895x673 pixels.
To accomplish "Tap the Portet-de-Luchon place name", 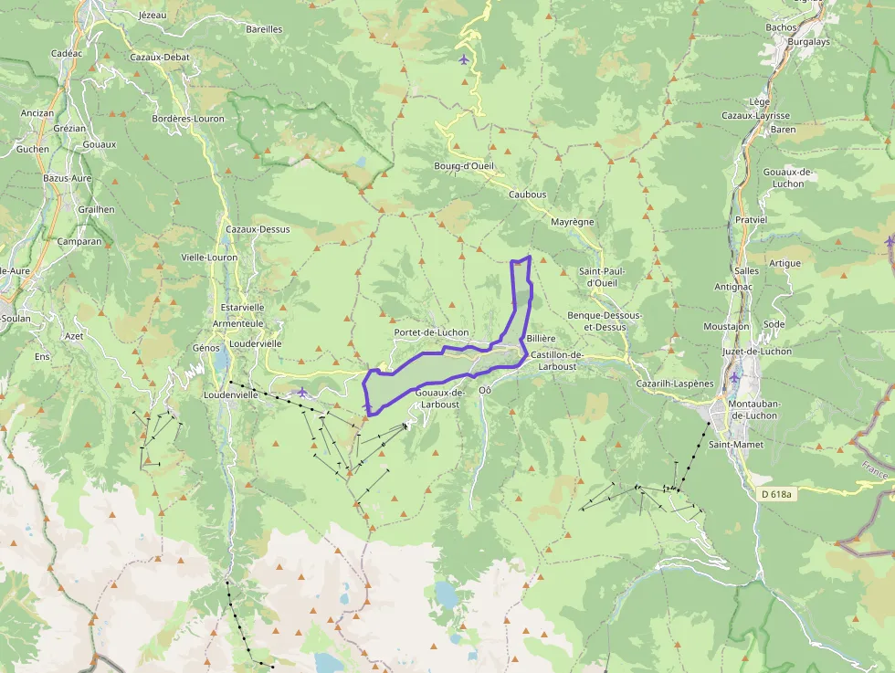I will [x=432, y=332].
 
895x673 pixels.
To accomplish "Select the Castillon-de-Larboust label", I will [x=557, y=360].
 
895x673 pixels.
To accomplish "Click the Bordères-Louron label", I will [x=189, y=119].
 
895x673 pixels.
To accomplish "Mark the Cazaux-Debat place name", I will [x=160, y=57].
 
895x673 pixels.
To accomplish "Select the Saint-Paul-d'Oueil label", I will [x=603, y=277].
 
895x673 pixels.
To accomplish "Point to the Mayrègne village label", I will [x=573, y=222].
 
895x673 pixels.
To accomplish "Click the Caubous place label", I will [x=527, y=195].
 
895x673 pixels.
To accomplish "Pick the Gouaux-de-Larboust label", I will [x=441, y=398].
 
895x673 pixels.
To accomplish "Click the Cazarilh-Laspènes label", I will [x=675, y=384].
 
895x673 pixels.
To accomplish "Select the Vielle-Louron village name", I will [x=209, y=258].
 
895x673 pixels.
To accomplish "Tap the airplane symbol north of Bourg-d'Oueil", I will [x=464, y=60].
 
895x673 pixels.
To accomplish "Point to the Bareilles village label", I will [x=264, y=29].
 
